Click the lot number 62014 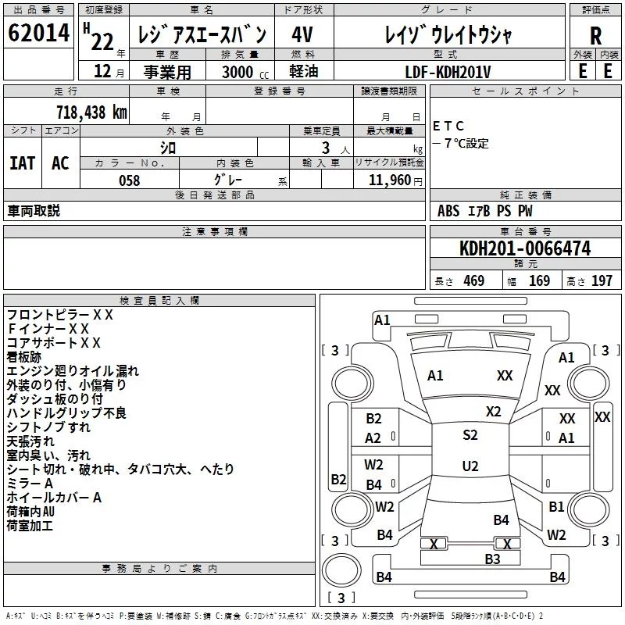(38, 33)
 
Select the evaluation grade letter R (595, 35)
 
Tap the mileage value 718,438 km (91, 112)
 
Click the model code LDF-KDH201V (448, 72)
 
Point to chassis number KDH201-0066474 (525, 248)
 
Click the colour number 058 (130, 180)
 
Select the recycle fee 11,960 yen (395, 180)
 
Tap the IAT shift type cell (23, 163)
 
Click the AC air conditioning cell (60, 163)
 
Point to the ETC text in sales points (448, 126)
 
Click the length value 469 (473, 280)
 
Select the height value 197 (602, 280)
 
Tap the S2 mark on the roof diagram (470, 435)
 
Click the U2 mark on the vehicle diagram (470, 466)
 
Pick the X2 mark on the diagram (493, 412)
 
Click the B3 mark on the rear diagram (492, 559)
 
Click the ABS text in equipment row (448, 211)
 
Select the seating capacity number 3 (326, 148)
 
